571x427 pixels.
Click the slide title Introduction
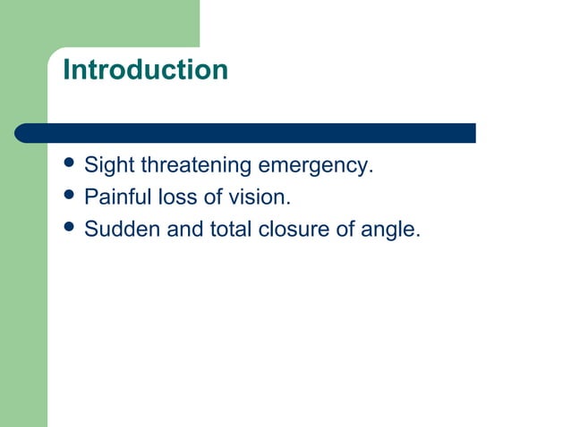pyautogui.click(x=145, y=70)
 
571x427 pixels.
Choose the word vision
pyautogui.click(x=259, y=197)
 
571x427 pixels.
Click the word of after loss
pyautogui.click(x=212, y=197)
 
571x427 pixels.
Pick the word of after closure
pyautogui.click(x=346, y=230)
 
